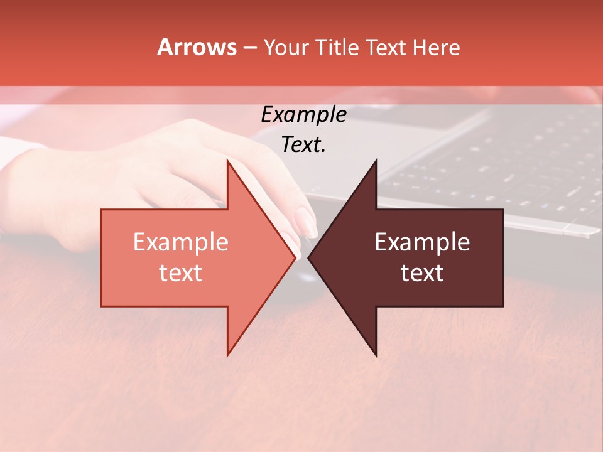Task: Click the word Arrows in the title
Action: click(197, 47)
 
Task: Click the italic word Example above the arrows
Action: click(303, 114)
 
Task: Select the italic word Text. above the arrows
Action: click(303, 145)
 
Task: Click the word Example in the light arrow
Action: click(180, 242)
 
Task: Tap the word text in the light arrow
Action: click(180, 273)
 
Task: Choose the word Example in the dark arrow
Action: click(422, 242)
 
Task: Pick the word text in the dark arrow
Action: click(422, 273)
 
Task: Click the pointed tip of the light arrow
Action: click(295, 258)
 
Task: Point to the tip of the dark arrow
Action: click(308, 258)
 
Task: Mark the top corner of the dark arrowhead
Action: click(376, 161)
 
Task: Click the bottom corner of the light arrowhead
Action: click(228, 355)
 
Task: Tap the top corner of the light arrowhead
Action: click(228, 161)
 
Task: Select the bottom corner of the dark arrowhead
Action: click(376, 356)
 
